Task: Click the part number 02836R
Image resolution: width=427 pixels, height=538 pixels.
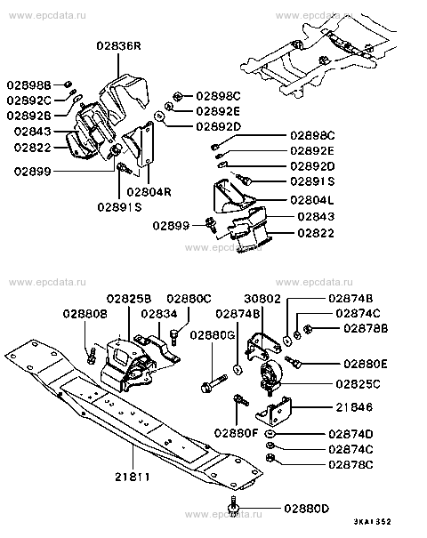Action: pyautogui.click(x=119, y=45)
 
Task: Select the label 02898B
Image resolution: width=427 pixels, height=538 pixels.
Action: pyautogui.click(x=28, y=84)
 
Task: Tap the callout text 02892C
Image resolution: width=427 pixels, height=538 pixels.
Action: pyautogui.click(x=28, y=100)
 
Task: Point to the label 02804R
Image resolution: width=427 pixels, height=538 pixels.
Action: pyautogui.click(x=149, y=191)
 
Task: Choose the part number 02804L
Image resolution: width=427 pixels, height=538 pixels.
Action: pyautogui.click(x=312, y=200)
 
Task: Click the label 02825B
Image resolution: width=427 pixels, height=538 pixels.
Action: pyautogui.click(x=129, y=299)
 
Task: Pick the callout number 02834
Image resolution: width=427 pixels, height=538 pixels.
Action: pyautogui.click(x=159, y=314)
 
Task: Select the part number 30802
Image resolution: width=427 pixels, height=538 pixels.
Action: pyautogui.click(x=262, y=299)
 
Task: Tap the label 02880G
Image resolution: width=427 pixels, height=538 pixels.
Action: pyautogui.click(x=213, y=335)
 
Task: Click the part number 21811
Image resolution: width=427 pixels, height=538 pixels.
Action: pyautogui.click(x=133, y=477)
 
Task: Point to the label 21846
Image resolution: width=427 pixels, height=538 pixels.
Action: pyautogui.click(x=354, y=407)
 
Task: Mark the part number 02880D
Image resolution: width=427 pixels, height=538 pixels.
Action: pyautogui.click(x=307, y=508)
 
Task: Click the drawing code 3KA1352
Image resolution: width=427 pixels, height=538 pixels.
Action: pyautogui.click(x=373, y=522)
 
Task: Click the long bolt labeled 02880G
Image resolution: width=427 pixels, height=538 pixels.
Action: pyautogui.click(x=213, y=383)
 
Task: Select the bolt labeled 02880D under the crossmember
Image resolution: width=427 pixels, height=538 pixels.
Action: pyautogui.click(x=233, y=507)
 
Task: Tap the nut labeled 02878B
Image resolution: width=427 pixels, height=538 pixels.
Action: pyautogui.click(x=308, y=329)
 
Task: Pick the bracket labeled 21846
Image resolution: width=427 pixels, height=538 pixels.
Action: pyautogui.click(x=274, y=411)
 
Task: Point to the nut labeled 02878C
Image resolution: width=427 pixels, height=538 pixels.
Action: pyautogui.click(x=270, y=457)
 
